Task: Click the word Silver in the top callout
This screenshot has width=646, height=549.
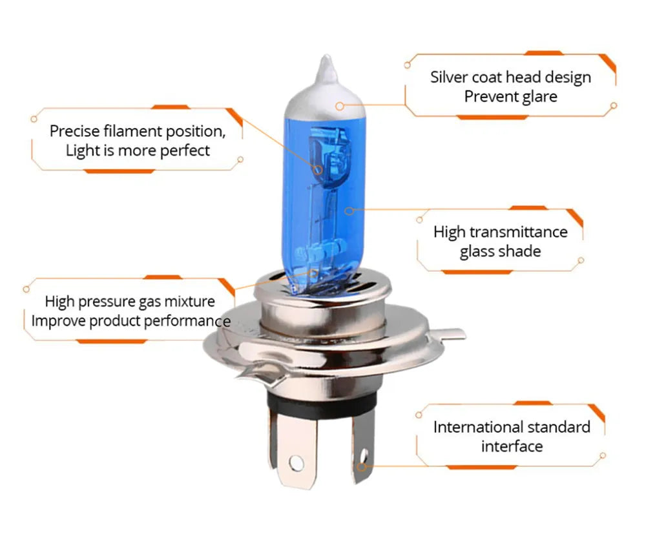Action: click(448, 78)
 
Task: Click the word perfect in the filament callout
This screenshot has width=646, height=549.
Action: click(183, 150)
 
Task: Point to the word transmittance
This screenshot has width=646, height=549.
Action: click(518, 232)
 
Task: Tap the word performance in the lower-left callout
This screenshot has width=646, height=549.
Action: click(187, 321)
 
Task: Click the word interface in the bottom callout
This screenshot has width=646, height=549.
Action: click(512, 446)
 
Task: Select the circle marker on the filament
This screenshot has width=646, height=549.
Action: click(318, 169)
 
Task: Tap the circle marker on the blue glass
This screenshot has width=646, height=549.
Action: click(349, 210)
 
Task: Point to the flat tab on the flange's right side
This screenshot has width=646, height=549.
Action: click(450, 334)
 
